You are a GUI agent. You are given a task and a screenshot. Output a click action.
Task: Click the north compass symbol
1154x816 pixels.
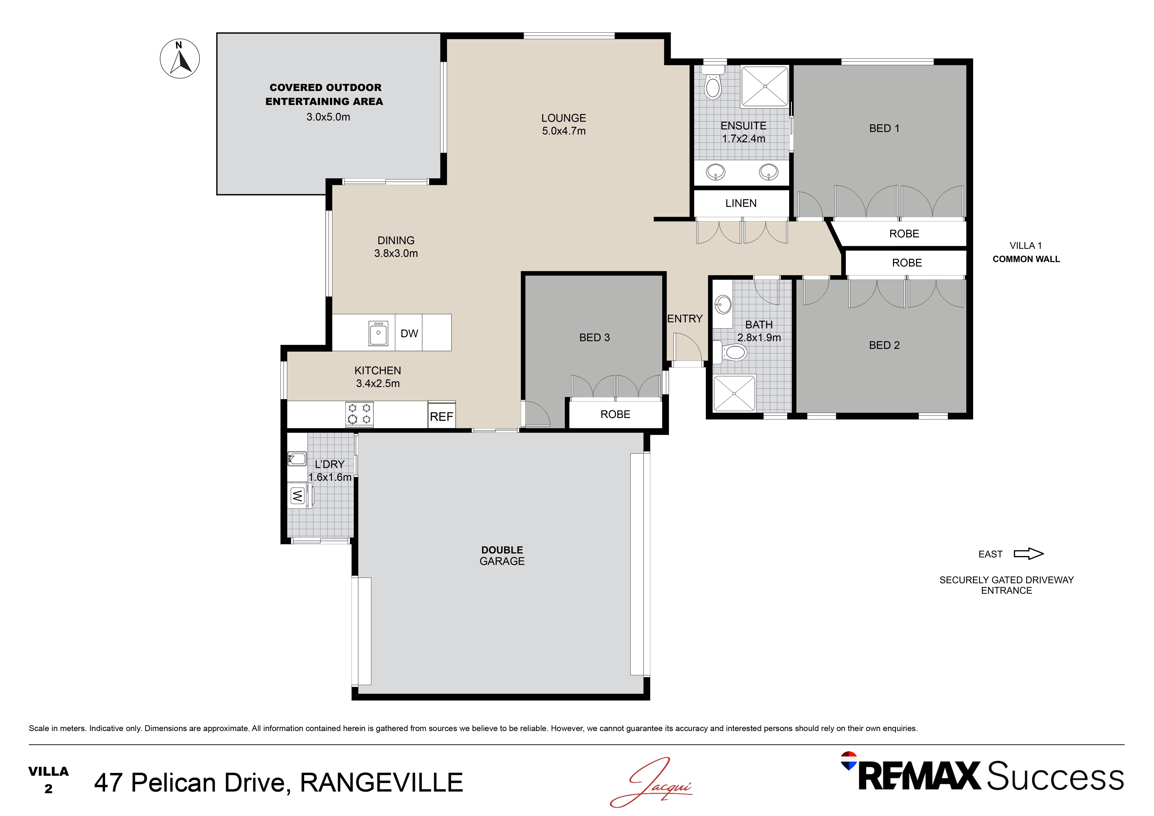pos(179,59)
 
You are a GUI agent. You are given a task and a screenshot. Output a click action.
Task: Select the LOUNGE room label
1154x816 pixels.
pos(564,118)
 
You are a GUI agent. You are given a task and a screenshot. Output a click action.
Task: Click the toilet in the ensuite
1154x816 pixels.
pos(713,85)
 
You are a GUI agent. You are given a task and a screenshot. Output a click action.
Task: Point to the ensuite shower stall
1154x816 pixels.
pos(764,86)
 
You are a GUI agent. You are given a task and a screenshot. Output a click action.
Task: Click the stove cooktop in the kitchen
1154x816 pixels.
pos(359,414)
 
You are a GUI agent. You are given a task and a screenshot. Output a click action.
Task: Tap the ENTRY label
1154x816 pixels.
pos(685,319)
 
